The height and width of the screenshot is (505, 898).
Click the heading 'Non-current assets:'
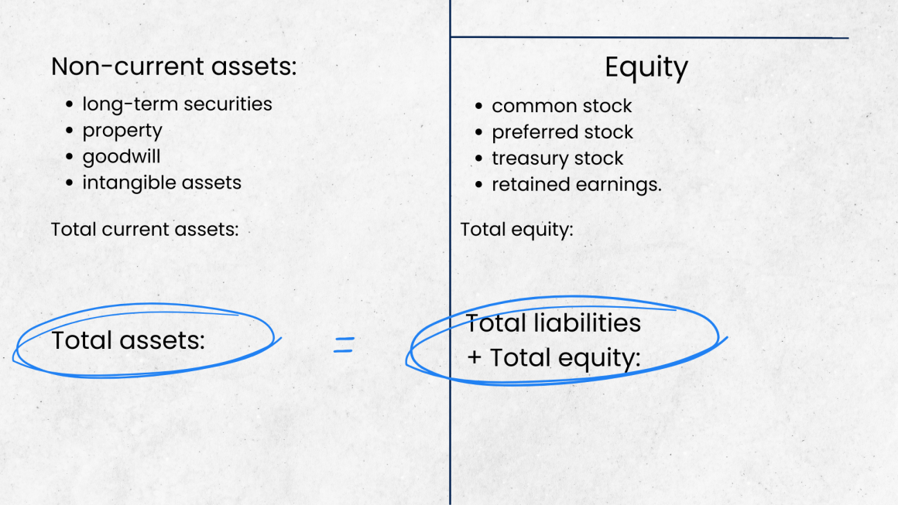174,67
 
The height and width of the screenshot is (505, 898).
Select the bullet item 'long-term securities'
177,104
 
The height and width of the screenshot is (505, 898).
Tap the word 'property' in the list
122,131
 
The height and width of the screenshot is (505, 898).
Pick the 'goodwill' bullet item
122,157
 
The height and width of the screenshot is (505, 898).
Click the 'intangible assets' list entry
162,183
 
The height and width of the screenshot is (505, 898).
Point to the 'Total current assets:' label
145,230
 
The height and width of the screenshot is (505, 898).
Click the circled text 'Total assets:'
129,340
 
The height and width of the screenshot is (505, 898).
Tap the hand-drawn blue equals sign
344,346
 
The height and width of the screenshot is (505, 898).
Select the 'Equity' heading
646,68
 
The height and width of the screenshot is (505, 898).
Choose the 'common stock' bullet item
562,106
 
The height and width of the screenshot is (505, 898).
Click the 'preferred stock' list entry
563,132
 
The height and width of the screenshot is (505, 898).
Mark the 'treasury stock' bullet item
557,159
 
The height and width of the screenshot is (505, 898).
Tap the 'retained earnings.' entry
577,185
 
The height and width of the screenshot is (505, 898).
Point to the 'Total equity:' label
516,230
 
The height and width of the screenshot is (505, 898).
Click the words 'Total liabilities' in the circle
553,322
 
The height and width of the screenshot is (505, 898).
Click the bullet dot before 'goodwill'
70,157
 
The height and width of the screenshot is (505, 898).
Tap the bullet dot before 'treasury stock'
479,159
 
